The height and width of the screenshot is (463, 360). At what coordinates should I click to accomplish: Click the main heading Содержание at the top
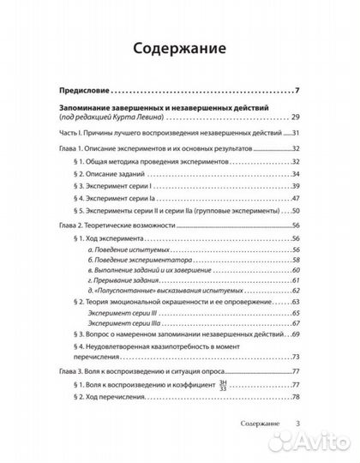click(179, 48)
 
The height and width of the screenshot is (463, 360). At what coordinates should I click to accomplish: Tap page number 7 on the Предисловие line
click(295, 90)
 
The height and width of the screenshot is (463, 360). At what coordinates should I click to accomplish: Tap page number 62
click(293, 293)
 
